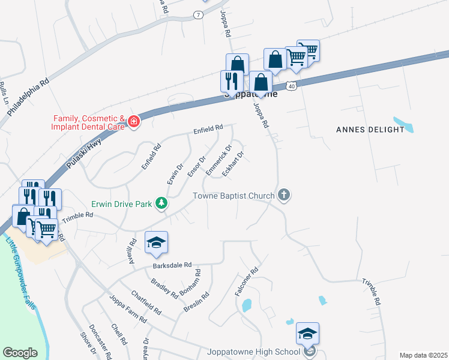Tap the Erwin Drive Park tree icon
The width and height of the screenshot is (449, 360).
(161, 204)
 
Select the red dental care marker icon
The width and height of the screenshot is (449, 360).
(133, 123)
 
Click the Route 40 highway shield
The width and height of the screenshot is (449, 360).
(291, 86)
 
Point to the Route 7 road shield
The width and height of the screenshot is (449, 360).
(197, 14)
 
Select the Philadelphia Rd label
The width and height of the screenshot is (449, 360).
(28, 96)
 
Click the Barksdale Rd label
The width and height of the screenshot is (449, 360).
(172, 264)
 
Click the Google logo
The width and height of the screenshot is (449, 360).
(20, 352)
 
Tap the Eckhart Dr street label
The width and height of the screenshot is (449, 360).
(233, 163)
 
